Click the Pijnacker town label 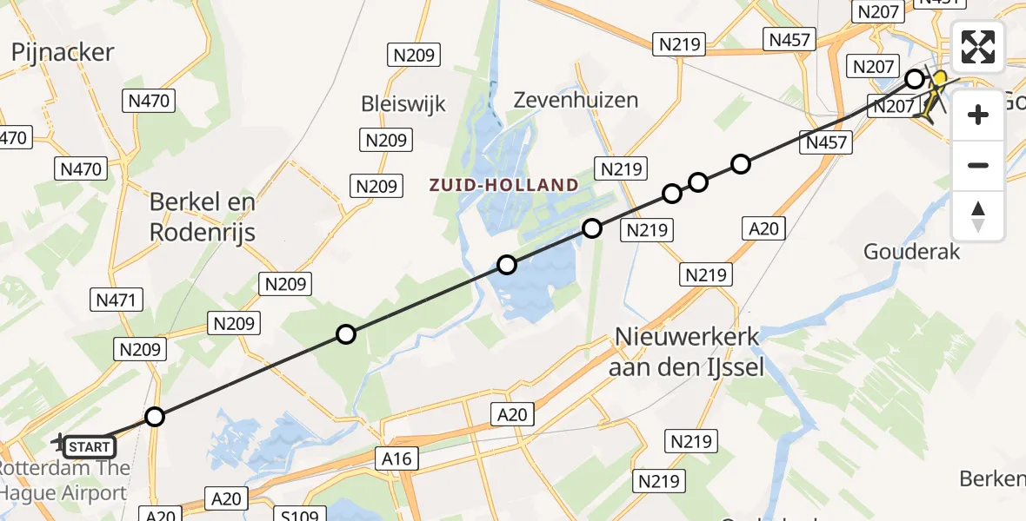click(63, 52)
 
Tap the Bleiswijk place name click(403, 104)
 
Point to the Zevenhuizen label click(588, 100)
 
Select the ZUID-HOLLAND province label click(503, 185)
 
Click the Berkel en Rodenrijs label click(203, 217)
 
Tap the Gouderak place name click(911, 252)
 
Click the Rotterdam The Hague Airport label click(65, 481)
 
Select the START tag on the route click(89, 447)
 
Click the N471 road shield click(116, 300)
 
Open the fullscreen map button click(978, 47)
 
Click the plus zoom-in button click(978, 115)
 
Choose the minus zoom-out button click(978, 165)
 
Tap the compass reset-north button click(978, 216)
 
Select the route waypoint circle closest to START click(155, 417)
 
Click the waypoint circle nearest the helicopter click(915, 79)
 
